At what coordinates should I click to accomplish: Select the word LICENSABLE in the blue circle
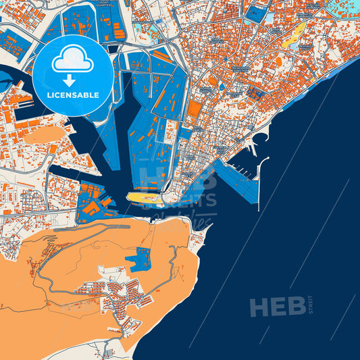coord(73,95)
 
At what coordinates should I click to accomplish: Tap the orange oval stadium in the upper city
coord(278,61)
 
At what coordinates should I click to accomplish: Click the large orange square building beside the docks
coord(194,109)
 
